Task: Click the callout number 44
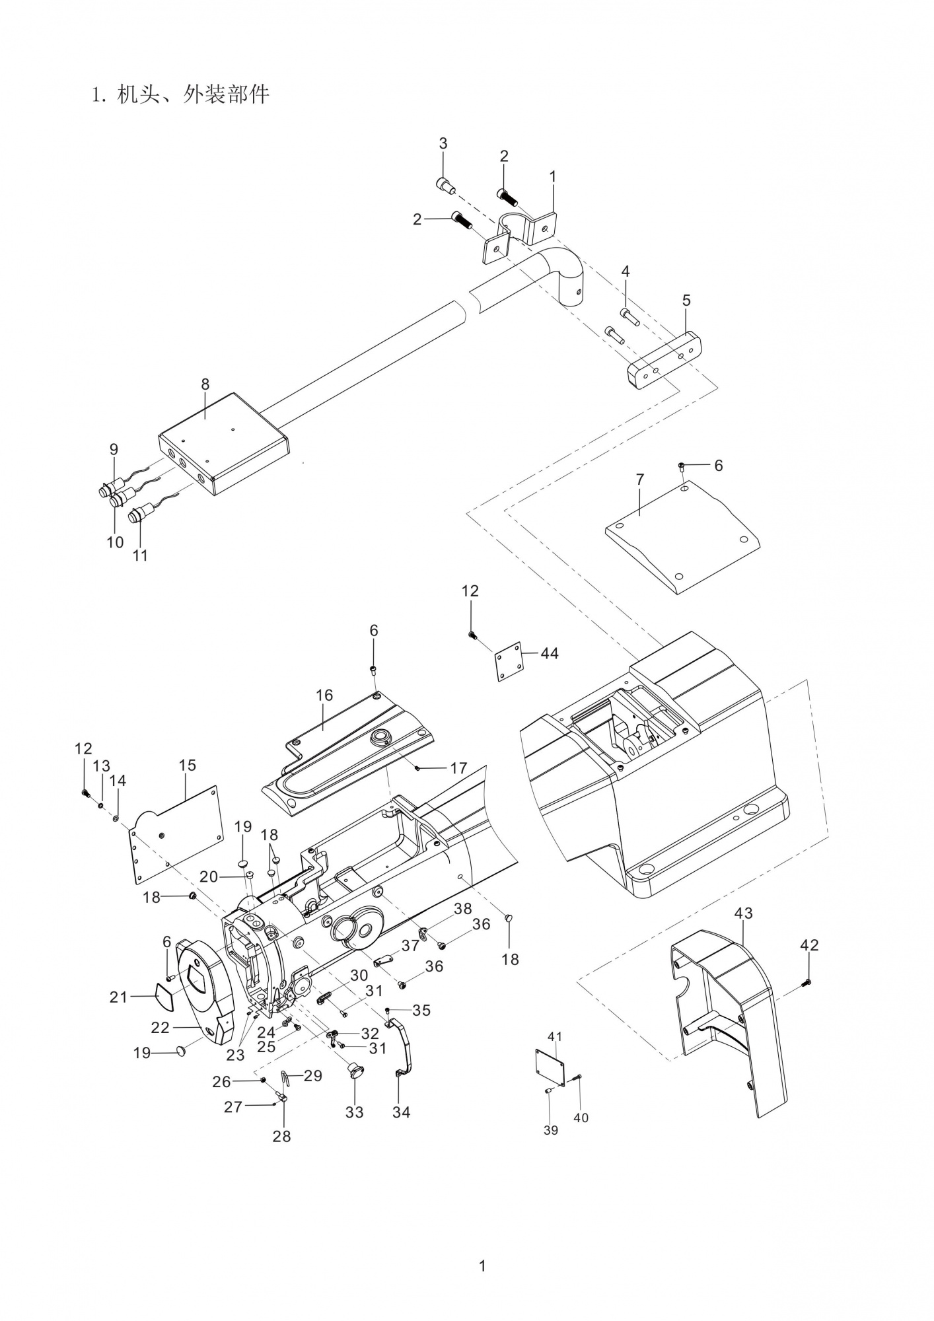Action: click(549, 653)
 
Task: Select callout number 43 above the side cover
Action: click(743, 913)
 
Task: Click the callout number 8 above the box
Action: click(205, 384)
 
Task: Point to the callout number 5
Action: click(686, 301)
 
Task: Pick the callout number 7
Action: click(639, 480)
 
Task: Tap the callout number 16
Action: click(324, 696)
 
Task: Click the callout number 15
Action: click(187, 765)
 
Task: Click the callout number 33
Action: click(355, 1112)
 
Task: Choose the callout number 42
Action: click(808, 945)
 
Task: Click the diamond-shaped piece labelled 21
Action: click(164, 998)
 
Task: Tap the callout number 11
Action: click(140, 555)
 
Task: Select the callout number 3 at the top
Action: click(443, 143)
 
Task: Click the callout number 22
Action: click(161, 1028)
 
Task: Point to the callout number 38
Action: click(462, 909)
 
